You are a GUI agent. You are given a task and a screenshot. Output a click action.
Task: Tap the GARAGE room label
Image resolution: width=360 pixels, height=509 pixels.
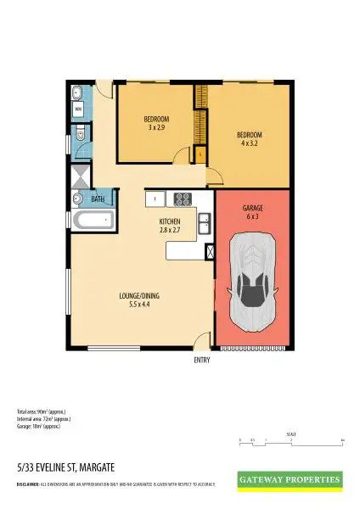[x=252, y=207]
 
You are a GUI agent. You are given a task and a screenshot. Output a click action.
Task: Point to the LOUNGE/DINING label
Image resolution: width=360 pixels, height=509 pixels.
[x=140, y=296]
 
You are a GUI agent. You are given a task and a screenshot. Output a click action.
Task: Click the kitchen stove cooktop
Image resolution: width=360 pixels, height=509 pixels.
[x=183, y=199]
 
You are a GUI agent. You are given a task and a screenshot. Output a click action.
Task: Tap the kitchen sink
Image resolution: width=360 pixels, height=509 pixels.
[x=205, y=223]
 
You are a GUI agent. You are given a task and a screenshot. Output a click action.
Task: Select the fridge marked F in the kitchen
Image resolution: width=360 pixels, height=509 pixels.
[x=155, y=199]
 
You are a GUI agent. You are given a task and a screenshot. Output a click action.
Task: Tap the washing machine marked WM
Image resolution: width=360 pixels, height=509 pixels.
[x=77, y=109]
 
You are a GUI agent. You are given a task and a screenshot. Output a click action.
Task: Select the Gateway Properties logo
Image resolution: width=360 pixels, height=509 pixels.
[x=291, y=479]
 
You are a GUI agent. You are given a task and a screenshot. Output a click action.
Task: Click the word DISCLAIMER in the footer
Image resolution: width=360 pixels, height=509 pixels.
[x=27, y=484]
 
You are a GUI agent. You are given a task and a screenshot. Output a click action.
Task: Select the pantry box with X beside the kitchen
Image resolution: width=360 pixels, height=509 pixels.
[x=210, y=250]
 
